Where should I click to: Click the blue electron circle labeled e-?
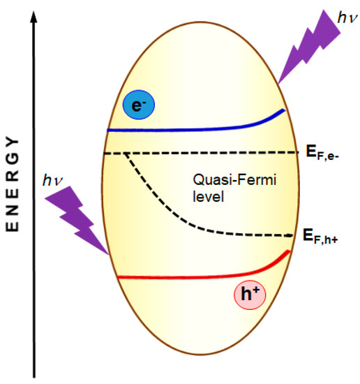pyautogui.click(x=138, y=105)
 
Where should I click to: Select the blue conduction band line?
pyautogui.click(x=188, y=128)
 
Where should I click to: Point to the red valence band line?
pyautogui.click(x=188, y=276)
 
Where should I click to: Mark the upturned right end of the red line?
pyautogui.click(x=285, y=256)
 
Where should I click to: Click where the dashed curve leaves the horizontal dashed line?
pyautogui.click(x=124, y=153)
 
